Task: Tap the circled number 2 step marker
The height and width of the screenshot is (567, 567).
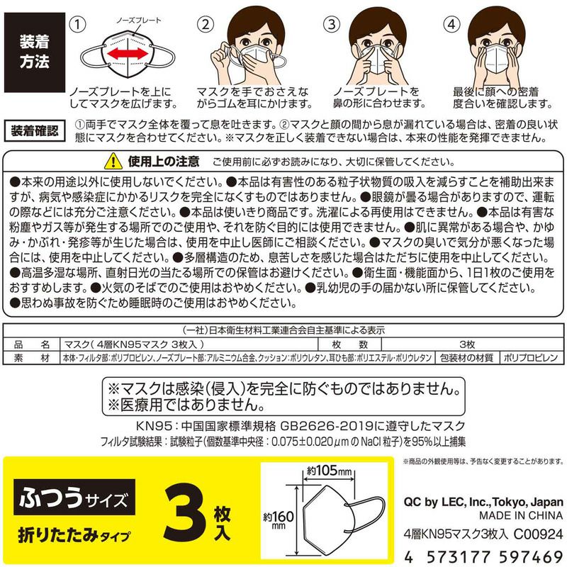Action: (206, 23)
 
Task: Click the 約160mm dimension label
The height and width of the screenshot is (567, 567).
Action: (278, 518)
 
